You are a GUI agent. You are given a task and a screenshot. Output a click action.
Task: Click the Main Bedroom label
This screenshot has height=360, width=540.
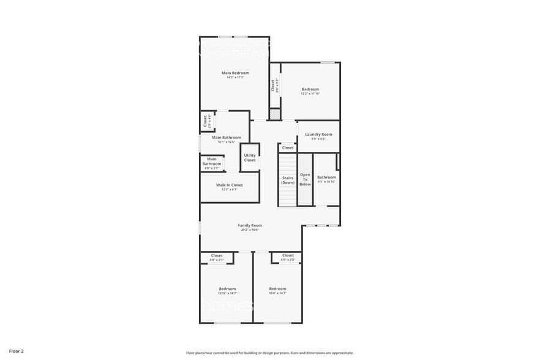tap(235, 73)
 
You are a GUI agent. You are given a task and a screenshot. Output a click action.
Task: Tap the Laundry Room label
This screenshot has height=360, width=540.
tap(318, 134)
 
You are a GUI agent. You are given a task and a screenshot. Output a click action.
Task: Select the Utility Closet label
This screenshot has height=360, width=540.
tap(250, 157)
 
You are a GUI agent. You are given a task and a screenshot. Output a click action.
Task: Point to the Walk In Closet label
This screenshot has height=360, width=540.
tap(229, 185)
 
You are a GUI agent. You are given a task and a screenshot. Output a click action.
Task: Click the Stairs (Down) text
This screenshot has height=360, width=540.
tap(288, 180)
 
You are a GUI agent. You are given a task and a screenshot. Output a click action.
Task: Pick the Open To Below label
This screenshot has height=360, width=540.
tap(305, 179)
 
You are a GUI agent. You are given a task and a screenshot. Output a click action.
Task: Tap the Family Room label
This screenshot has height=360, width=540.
tap(250, 225)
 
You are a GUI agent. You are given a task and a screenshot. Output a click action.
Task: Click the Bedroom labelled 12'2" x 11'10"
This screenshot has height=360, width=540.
tap(310, 89)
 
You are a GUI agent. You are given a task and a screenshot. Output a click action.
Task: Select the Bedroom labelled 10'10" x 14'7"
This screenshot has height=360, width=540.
tap(227, 289)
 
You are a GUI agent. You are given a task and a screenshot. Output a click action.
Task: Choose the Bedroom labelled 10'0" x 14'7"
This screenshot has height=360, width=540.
tap(277, 289)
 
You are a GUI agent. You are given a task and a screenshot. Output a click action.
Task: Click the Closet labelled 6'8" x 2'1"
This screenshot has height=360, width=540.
tap(217, 255)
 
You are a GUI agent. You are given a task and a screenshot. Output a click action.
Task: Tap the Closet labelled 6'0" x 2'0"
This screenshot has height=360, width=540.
tap(288, 255)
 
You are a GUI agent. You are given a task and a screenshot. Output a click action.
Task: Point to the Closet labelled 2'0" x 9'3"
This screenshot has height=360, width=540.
tap(275, 85)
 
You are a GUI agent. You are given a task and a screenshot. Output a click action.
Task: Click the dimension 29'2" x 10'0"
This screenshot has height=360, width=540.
tap(249, 230)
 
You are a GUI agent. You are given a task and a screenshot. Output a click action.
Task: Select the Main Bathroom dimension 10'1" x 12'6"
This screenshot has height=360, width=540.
tap(227, 142)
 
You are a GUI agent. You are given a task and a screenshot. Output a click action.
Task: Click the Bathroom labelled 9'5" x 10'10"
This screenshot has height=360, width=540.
tap(326, 178)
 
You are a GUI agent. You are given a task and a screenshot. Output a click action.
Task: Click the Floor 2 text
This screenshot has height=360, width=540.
tap(17, 351)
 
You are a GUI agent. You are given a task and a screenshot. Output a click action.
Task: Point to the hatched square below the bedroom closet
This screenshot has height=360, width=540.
tap(275, 114)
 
